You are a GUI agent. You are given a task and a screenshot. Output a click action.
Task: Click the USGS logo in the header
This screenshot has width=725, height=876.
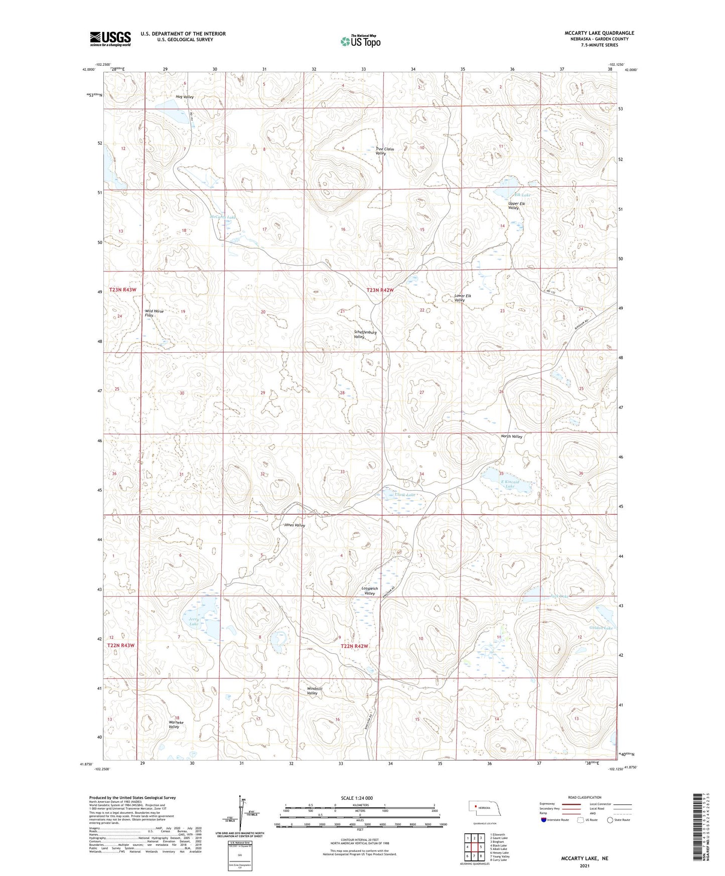coord(110,39)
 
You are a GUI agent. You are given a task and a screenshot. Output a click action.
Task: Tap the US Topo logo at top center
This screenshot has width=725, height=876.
coord(360,41)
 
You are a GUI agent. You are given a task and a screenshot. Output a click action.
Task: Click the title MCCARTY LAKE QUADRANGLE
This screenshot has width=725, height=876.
coord(599,33)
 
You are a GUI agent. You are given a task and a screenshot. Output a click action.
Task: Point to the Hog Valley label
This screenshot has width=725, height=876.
coord(184,97)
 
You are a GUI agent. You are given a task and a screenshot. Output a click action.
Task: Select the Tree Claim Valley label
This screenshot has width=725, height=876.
coord(384,151)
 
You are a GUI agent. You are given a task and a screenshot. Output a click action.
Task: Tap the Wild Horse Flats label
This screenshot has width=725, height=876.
coord(154,313)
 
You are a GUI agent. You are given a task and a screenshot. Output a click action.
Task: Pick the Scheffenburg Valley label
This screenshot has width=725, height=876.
coord(365,335)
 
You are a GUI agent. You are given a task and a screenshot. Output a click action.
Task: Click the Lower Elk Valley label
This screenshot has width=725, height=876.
coord(462,298)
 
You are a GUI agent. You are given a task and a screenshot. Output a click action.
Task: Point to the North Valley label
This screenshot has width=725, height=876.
coord(511,436)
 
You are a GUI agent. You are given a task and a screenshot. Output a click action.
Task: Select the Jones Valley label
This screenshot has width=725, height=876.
coord(294,525)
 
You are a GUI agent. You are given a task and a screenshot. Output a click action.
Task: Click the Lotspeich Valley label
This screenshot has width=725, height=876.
coord(369,591)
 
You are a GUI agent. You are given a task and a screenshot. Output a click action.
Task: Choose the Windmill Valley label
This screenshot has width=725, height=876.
coord(315,691)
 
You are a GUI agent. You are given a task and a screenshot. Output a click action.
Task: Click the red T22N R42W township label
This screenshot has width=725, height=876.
coord(355,647)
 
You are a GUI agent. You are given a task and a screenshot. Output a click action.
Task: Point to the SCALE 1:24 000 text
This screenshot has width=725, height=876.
coord(357,798)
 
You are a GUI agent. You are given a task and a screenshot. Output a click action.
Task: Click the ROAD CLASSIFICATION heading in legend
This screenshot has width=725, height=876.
coord(585,797)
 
